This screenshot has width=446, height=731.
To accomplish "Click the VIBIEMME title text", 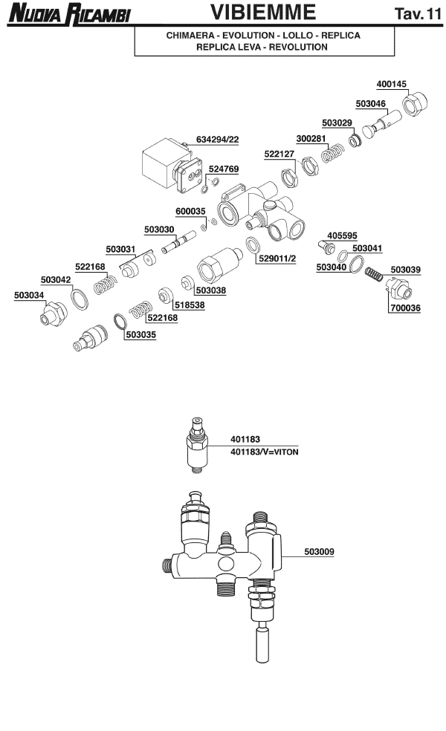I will (x=263, y=13).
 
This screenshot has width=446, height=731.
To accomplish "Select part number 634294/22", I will (x=218, y=139).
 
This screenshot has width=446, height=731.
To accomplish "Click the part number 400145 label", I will (x=391, y=84).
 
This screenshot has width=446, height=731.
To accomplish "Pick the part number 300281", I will (x=311, y=138).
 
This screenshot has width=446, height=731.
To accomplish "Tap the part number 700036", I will (x=404, y=307).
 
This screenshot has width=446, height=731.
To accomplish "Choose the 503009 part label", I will (x=319, y=551).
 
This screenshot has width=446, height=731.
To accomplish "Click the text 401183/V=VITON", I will (x=264, y=452).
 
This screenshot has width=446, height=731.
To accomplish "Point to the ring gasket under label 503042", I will (x=79, y=300).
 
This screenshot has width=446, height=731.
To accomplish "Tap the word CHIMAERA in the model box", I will (x=192, y=36).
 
